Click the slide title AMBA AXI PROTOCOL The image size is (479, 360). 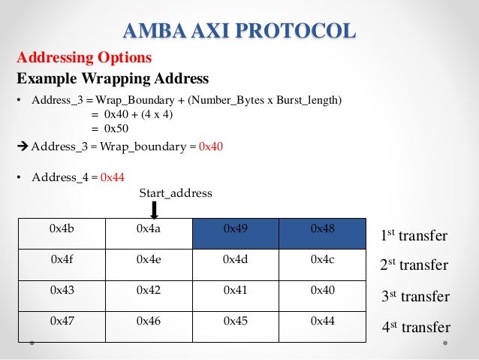tap(239, 32)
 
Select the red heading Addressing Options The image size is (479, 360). tap(84, 57)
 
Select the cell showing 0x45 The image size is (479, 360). tap(235, 321)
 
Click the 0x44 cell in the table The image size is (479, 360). tap(322, 321)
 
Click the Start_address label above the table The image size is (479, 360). tap(176, 193)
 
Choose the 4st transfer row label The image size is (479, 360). tap(415, 327)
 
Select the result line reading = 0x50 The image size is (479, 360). tap(113, 128)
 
